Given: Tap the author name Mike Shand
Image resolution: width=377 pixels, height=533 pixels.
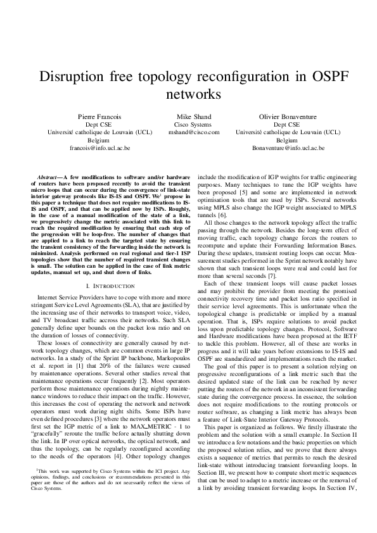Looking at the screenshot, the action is coord(193,117).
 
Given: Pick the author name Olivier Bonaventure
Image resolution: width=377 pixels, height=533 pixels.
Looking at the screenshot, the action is coord(288,117).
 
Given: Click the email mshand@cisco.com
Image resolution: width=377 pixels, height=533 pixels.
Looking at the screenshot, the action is coord(193,132).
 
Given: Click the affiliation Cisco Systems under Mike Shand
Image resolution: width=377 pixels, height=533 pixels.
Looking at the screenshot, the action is coord(193,125).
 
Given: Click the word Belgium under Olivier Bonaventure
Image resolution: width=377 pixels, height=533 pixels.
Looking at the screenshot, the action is coord(288,140).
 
